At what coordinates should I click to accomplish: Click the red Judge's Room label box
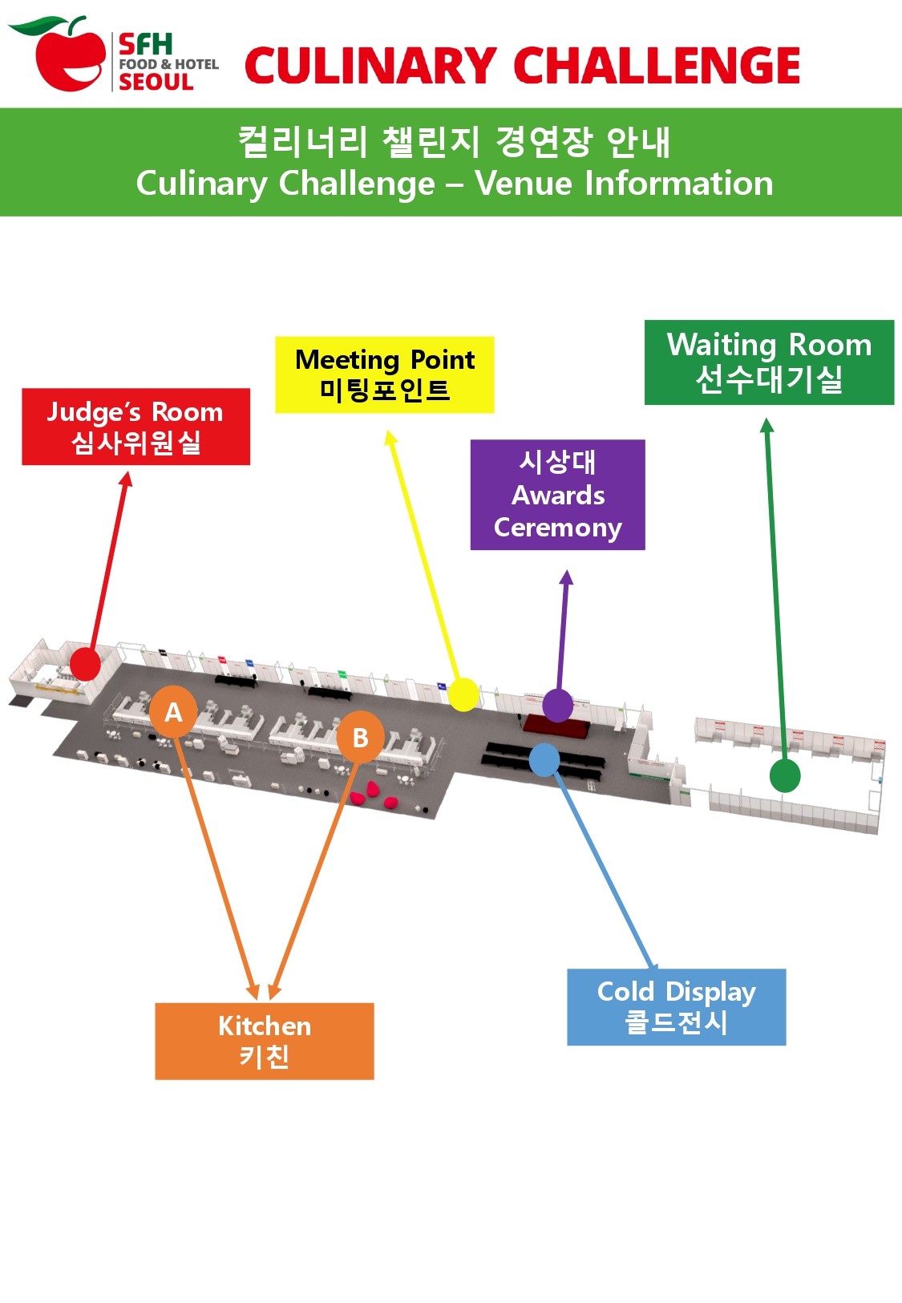(x=136, y=427)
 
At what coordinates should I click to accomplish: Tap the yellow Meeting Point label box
(x=384, y=374)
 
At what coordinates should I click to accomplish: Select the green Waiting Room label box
(x=768, y=362)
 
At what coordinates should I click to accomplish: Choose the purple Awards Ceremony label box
(x=557, y=495)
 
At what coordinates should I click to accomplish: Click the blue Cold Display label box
(x=676, y=1007)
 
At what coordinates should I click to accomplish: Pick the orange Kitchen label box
(x=264, y=1041)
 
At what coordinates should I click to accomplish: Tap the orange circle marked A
(x=173, y=711)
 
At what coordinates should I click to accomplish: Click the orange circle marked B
(x=360, y=737)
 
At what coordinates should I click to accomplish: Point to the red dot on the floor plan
(x=85, y=664)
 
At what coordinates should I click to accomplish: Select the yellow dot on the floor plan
(x=463, y=694)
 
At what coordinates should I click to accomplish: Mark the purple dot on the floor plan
(x=557, y=706)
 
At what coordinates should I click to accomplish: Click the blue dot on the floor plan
(x=544, y=760)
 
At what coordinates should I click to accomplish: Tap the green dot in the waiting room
(x=784, y=775)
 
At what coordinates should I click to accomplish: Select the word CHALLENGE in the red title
(x=657, y=66)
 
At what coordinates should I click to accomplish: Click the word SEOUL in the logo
(x=156, y=82)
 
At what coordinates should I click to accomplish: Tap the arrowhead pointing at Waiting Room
(x=766, y=425)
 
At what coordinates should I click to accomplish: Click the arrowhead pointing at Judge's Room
(x=126, y=479)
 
